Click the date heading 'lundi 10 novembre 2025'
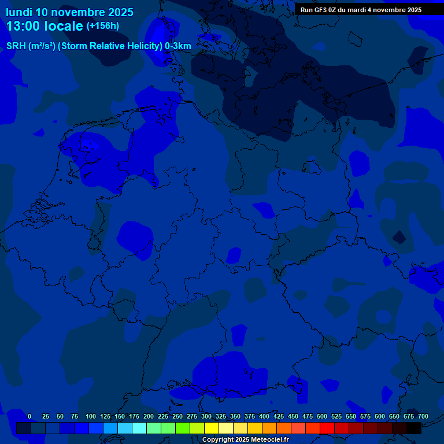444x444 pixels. click(69, 12)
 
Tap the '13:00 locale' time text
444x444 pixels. click(45, 26)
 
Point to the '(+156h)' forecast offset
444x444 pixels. click(102, 25)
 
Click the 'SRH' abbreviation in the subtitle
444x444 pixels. click(16, 46)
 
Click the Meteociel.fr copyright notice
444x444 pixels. click(245, 439)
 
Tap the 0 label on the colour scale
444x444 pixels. click(29, 416)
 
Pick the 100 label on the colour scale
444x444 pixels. click(91, 416)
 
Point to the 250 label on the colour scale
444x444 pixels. click(177, 416)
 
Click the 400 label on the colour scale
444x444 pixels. click(264, 416)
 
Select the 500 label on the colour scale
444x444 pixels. click(322, 416)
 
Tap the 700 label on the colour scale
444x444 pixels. click(423, 416)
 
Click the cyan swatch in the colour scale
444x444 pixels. click(139, 428)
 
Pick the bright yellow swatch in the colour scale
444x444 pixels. click(212, 428)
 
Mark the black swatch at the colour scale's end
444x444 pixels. click(414, 428)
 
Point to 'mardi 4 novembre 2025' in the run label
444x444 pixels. click(385, 10)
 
